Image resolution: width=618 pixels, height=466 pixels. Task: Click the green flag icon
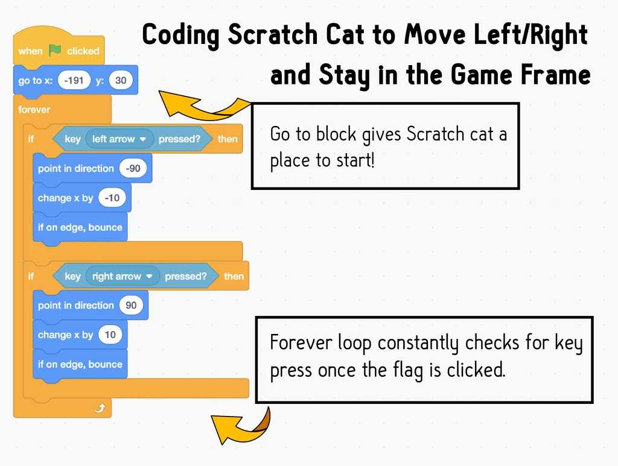point(55,50)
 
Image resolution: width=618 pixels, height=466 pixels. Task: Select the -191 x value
point(74,80)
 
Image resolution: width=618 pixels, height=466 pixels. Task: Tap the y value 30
point(121,80)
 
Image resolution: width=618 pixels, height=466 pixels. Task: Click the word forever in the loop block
point(34,109)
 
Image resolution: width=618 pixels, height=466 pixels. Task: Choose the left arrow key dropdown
point(119,139)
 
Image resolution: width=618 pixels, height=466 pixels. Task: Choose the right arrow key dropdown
point(123,276)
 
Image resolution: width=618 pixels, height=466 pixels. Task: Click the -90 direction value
point(133,168)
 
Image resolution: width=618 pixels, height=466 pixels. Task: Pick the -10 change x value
point(112,198)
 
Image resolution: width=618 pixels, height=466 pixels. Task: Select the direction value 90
point(131,306)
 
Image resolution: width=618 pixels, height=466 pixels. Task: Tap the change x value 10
point(110,335)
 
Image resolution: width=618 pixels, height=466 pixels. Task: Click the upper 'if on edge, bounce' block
point(80,227)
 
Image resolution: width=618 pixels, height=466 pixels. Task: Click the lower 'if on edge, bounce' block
point(80,365)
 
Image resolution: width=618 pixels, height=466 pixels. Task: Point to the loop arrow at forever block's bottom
point(100,408)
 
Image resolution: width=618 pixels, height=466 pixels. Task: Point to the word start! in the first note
point(355,160)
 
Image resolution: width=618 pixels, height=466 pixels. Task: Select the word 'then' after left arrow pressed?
point(228,139)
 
